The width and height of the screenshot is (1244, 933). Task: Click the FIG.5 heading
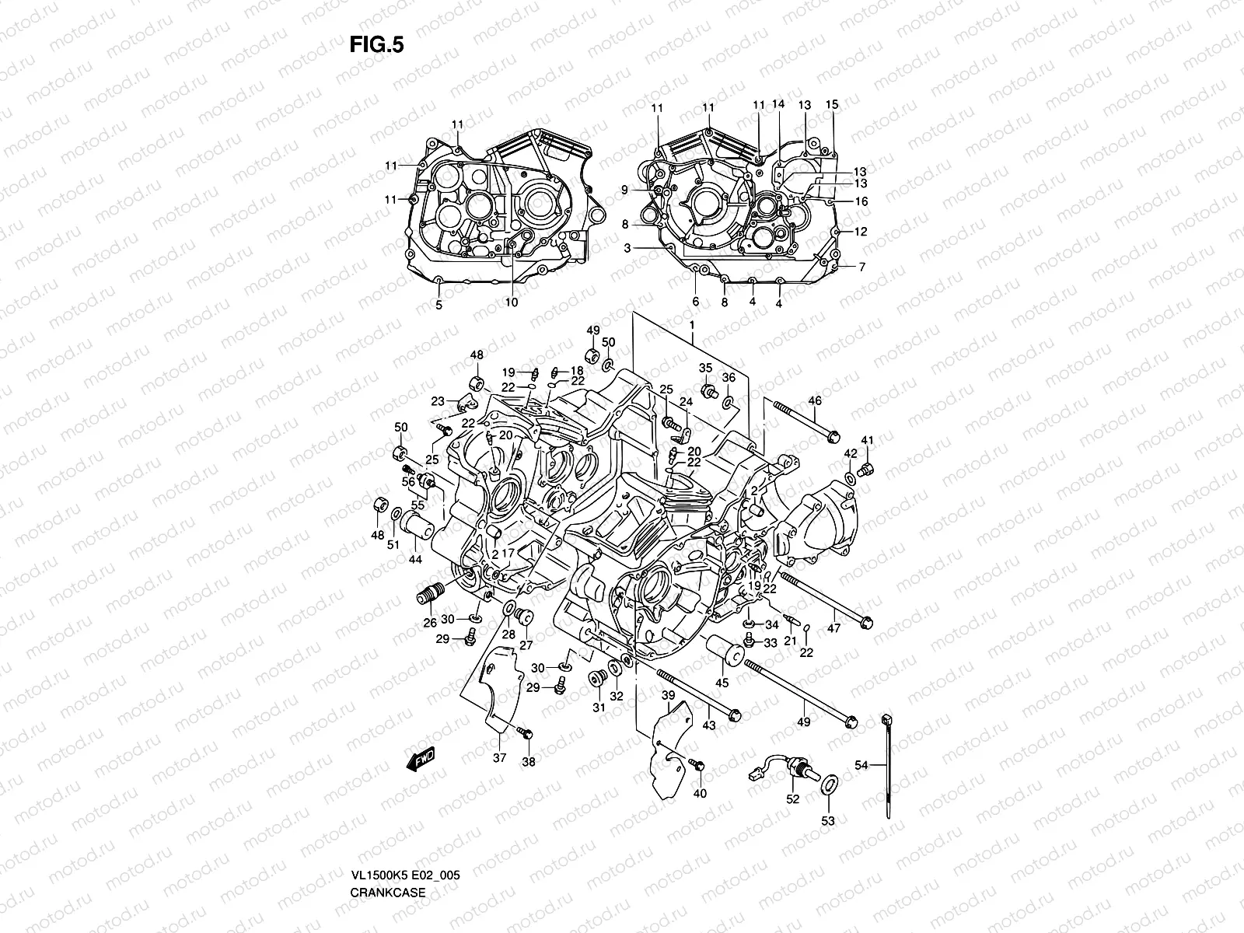point(376,44)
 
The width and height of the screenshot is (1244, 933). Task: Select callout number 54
point(861,766)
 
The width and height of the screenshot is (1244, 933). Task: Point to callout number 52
point(792,798)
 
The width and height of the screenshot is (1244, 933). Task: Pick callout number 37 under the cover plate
point(500,758)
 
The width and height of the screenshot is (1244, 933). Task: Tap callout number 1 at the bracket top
point(691,323)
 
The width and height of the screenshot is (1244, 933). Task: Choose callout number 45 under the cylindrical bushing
point(722,683)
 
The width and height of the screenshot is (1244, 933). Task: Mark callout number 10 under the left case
point(511,302)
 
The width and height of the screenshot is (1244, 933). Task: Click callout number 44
point(415,559)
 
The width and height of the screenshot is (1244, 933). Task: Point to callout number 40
point(699,793)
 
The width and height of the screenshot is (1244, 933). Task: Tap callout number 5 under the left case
point(439,306)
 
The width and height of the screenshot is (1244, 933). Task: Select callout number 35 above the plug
point(705,368)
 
